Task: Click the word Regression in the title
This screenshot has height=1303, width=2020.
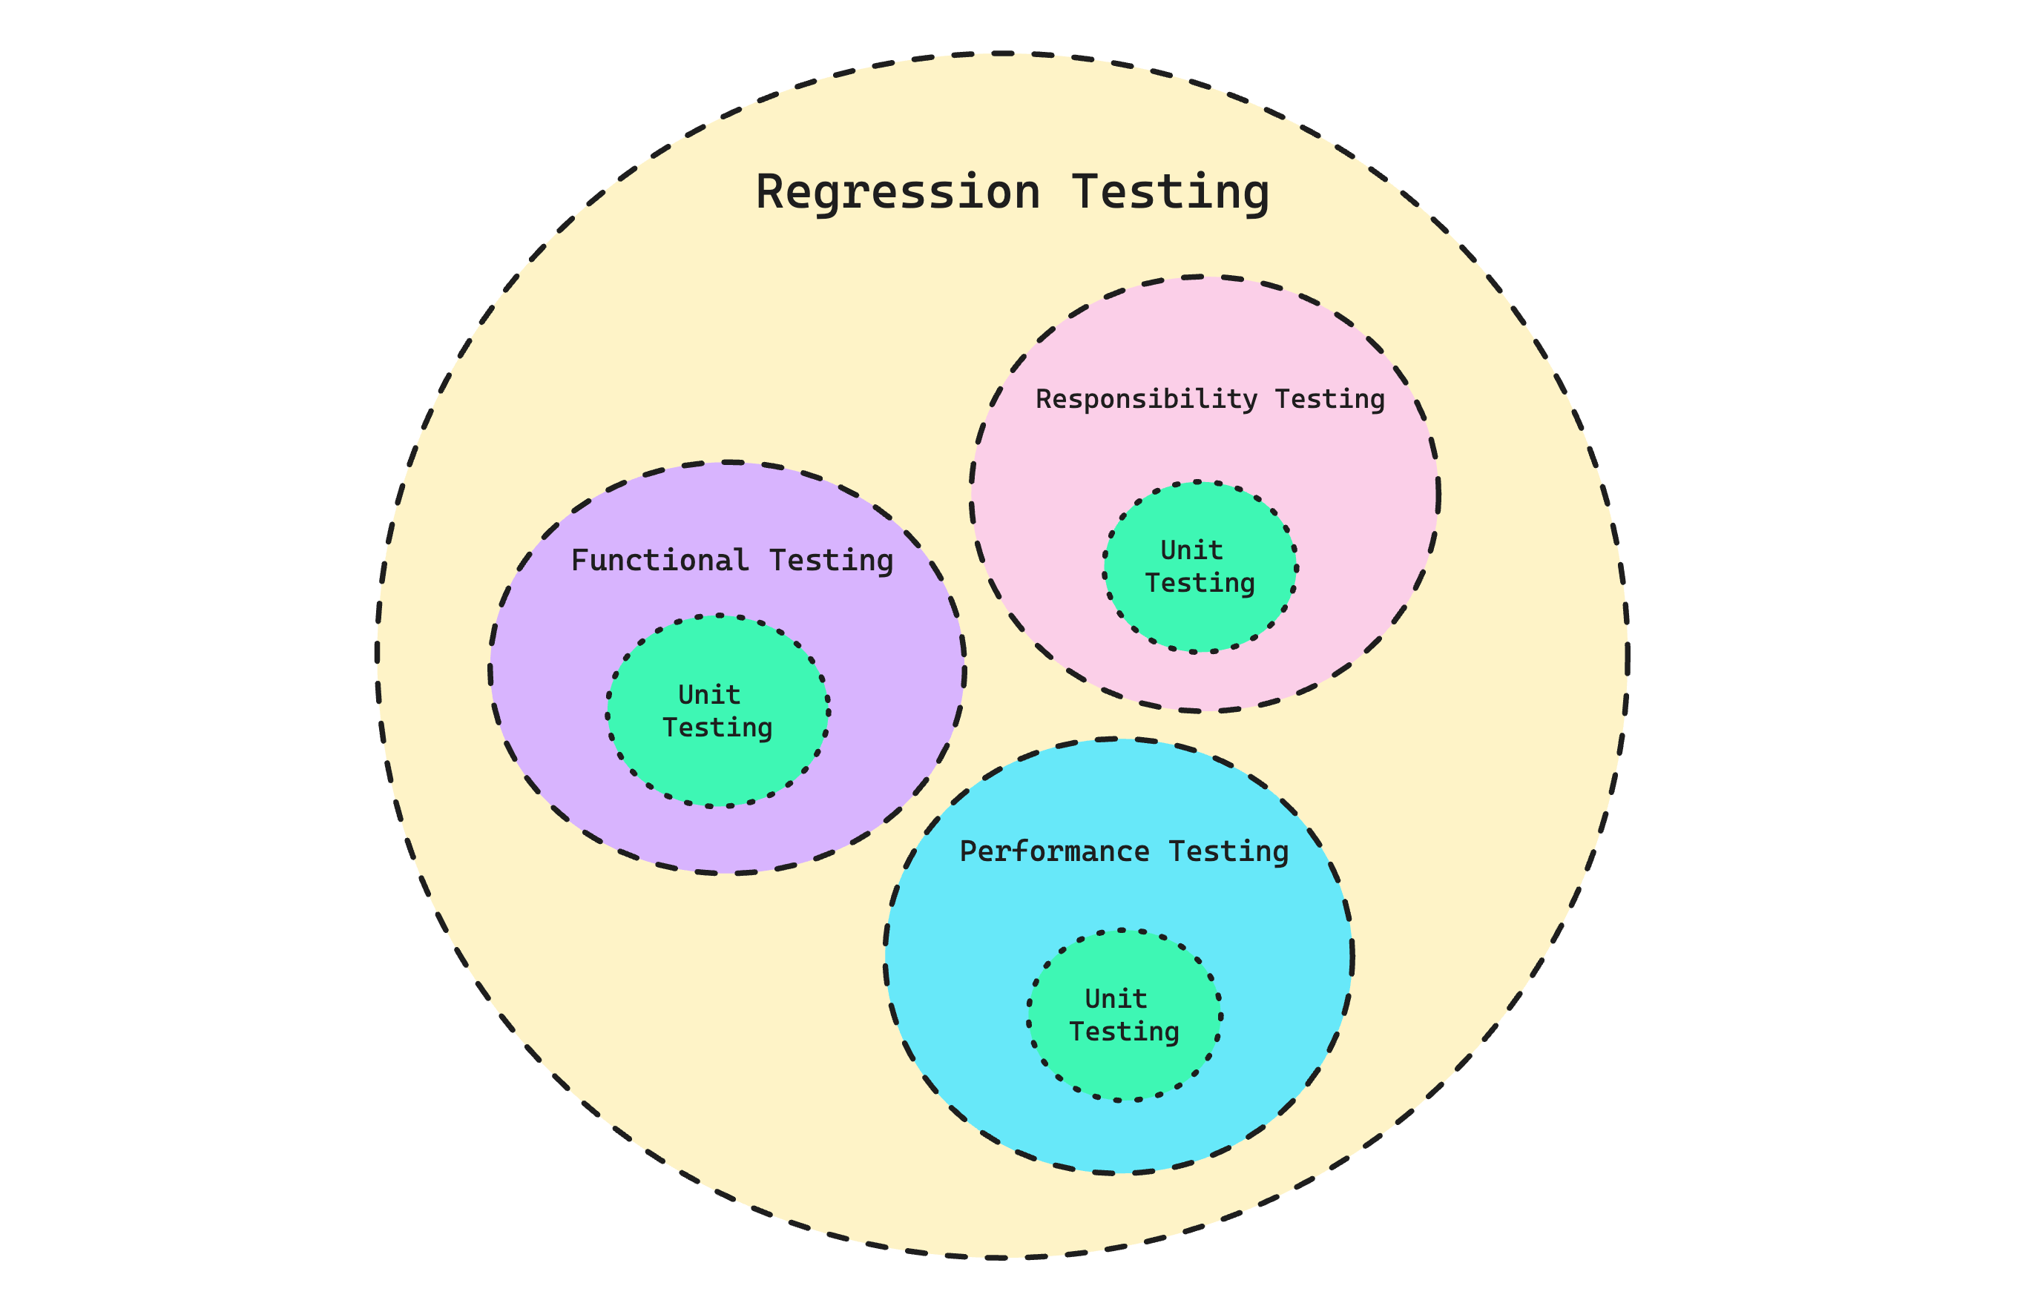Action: pos(897,193)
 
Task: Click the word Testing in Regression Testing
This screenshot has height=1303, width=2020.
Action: pos(1171,193)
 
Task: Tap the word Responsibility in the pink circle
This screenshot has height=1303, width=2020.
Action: pos(1146,400)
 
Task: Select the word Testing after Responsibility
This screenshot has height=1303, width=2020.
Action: pos(1329,400)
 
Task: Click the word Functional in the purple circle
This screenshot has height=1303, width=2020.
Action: pos(660,560)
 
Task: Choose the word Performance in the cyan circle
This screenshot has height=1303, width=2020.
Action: pos(1053,851)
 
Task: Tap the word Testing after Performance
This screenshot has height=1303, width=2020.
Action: pos(1228,853)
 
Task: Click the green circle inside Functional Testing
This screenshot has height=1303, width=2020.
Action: pos(717,710)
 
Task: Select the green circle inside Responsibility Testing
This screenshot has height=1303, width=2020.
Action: pos(1200,567)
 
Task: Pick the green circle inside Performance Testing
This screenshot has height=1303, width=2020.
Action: pos(1124,1015)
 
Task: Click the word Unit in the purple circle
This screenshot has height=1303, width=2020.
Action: pos(709,695)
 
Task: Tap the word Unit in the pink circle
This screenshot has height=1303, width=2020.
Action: pos(1191,551)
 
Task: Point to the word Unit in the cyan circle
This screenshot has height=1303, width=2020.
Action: pos(1116,999)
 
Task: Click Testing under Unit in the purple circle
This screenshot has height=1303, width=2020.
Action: pos(717,728)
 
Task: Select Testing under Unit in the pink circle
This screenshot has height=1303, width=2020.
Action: pos(1200,584)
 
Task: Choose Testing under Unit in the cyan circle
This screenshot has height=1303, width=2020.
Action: pos(1124,1033)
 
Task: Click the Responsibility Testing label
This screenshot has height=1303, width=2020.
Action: pos(1210,400)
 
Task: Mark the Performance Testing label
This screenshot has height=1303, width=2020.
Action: pos(1124,853)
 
